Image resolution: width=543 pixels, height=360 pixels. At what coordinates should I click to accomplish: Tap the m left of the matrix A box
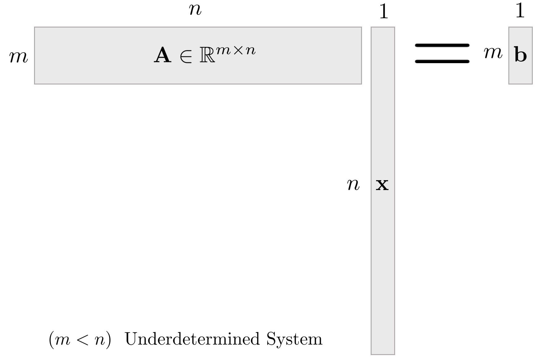(19, 58)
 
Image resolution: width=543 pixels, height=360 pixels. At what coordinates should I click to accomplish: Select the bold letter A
(163, 56)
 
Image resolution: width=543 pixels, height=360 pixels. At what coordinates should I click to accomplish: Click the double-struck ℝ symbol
(207, 56)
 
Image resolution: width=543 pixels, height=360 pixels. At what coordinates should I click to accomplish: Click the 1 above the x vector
(383, 12)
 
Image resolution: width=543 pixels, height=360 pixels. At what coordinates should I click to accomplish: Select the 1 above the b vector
(520, 11)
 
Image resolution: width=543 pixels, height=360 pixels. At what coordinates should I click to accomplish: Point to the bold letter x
(382, 185)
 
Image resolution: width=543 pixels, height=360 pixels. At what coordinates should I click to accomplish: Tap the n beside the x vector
(353, 185)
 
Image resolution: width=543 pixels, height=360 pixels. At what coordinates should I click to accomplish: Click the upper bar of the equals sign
(442, 46)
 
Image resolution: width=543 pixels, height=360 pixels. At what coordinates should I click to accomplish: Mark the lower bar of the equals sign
(442, 61)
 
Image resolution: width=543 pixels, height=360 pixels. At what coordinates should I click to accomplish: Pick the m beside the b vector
(493, 53)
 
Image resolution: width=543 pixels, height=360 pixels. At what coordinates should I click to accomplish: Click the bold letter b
(520, 55)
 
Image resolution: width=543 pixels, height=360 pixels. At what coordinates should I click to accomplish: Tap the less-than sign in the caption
(82, 340)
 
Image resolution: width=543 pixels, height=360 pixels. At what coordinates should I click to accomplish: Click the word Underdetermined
(192, 339)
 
